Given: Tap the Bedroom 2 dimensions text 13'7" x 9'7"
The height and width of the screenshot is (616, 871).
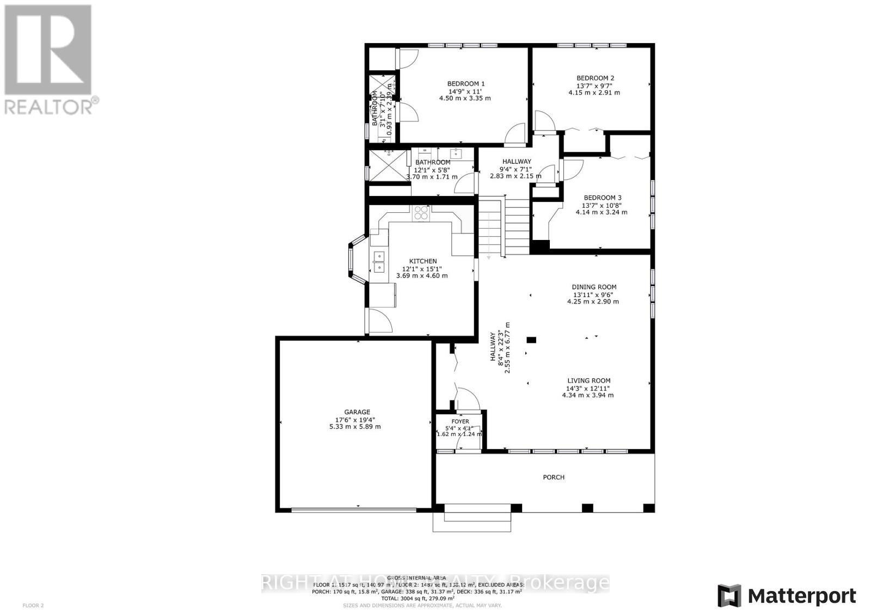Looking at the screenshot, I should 595,85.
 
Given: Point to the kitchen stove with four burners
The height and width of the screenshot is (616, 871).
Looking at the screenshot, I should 421,212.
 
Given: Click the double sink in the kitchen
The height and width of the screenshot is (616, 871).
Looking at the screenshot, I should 378,262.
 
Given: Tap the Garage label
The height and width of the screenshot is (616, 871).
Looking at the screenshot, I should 357,412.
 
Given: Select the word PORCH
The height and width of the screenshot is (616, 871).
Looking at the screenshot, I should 554,477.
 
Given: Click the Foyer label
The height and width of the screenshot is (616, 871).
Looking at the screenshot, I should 460,421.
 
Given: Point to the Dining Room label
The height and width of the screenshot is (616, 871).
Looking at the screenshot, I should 594,287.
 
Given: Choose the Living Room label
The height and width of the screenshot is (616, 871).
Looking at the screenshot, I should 588,381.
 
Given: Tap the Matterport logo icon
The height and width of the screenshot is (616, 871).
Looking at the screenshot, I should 729,595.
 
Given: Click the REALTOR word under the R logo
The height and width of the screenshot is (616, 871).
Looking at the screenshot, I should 49,106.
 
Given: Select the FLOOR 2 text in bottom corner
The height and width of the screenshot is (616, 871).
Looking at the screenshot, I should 33,605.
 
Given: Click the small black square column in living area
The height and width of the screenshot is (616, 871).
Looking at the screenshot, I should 531,340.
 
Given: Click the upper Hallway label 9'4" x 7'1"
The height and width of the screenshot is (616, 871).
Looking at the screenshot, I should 517,162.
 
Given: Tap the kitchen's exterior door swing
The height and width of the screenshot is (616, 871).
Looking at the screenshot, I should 381,320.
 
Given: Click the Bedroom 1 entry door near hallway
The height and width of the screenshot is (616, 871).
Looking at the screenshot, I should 514,134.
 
